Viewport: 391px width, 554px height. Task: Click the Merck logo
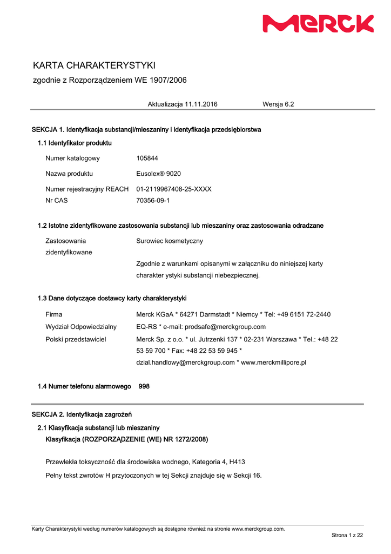click(318, 24)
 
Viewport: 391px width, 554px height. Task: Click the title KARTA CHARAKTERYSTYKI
click(94, 65)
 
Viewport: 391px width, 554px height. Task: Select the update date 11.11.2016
click(201, 104)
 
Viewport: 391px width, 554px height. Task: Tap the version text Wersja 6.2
click(278, 104)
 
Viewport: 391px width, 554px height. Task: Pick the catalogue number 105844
click(147, 159)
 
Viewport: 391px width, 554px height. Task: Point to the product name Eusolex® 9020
click(159, 174)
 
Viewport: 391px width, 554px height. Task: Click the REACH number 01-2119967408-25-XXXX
click(174, 189)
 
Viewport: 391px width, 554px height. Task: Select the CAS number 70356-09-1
click(153, 201)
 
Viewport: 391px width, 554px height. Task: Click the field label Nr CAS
click(57, 201)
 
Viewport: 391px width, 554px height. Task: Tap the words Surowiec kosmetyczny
click(170, 241)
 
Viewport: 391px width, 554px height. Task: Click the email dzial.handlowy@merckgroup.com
click(185, 362)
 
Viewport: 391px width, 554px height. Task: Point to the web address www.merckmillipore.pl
click(273, 362)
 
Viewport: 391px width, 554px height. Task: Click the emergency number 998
click(144, 387)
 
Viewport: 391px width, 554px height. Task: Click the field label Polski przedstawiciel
click(76, 339)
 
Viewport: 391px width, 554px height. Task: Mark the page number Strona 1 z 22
click(347, 536)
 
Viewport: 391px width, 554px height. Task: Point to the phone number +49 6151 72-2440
click(302, 314)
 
